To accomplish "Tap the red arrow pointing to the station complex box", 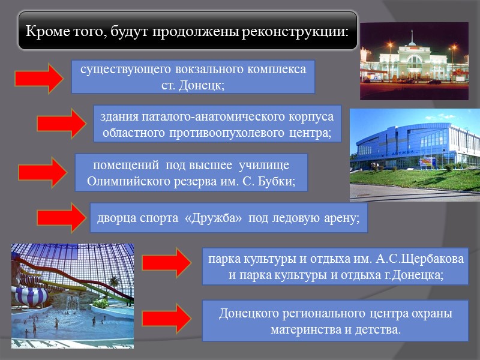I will (x=38, y=78).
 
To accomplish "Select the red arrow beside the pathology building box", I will (x=62, y=123).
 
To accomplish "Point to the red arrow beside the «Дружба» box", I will (x=62, y=217).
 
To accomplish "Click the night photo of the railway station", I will (x=413, y=61).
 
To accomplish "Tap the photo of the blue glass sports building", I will (x=415, y=155).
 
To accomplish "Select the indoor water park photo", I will (x=72, y=294).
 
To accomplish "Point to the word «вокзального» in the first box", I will (x=194, y=69).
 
